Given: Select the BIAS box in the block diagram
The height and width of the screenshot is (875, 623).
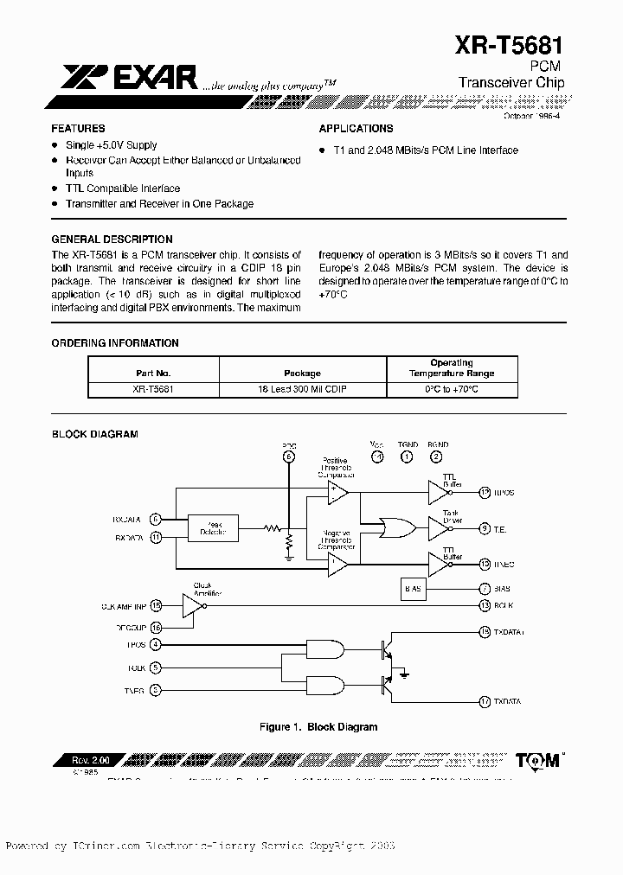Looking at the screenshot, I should tap(414, 589).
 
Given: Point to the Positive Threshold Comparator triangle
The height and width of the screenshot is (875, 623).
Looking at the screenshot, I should tap(337, 492).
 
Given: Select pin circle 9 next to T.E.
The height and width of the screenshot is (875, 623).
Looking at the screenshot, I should tap(485, 528).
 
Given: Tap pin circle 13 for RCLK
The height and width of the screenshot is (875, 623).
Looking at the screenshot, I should tap(485, 605).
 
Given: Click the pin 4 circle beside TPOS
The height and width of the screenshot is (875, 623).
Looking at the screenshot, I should tap(156, 644).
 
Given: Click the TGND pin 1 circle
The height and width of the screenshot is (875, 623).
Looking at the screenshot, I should tap(407, 457).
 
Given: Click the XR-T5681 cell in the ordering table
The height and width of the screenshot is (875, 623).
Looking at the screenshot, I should tap(154, 390).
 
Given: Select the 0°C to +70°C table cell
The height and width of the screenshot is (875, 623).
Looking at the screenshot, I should tap(452, 390).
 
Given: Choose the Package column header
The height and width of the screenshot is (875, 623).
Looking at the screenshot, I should tap(302, 374).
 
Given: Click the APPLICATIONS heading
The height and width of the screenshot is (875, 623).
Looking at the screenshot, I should tap(356, 128).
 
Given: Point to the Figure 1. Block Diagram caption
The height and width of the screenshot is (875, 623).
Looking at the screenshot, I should tap(318, 727).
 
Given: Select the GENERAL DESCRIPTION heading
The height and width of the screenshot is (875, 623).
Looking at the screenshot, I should tap(112, 240).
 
